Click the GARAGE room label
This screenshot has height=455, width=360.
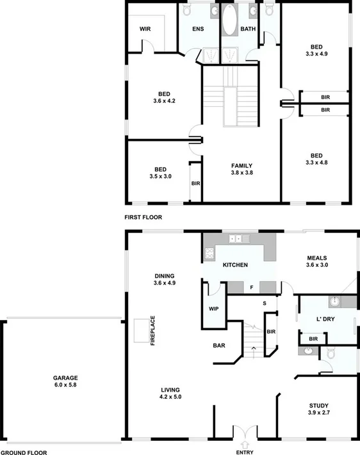[x=61, y=378]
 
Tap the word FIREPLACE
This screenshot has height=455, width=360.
[x=153, y=330]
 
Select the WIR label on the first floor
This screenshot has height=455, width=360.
[x=145, y=29]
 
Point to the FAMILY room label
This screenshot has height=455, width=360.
[x=242, y=166]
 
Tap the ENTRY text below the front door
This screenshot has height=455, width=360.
[x=245, y=452]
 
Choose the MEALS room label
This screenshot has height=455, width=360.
[x=318, y=257]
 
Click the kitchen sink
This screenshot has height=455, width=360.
[x=236, y=239]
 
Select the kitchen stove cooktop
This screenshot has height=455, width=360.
[x=209, y=253]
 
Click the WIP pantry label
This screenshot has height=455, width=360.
[x=214, y=308]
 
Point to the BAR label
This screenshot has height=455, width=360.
[x=219, y=346]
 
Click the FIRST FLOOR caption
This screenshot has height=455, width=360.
[x=143, y=217]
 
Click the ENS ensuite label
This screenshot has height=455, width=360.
[x=199, y=29]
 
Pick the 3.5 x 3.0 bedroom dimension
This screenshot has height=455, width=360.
[x=160, y=176]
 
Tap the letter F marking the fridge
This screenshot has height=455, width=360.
[x=252, y=287]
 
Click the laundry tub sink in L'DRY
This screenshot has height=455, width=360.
[x=334, y=301]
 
